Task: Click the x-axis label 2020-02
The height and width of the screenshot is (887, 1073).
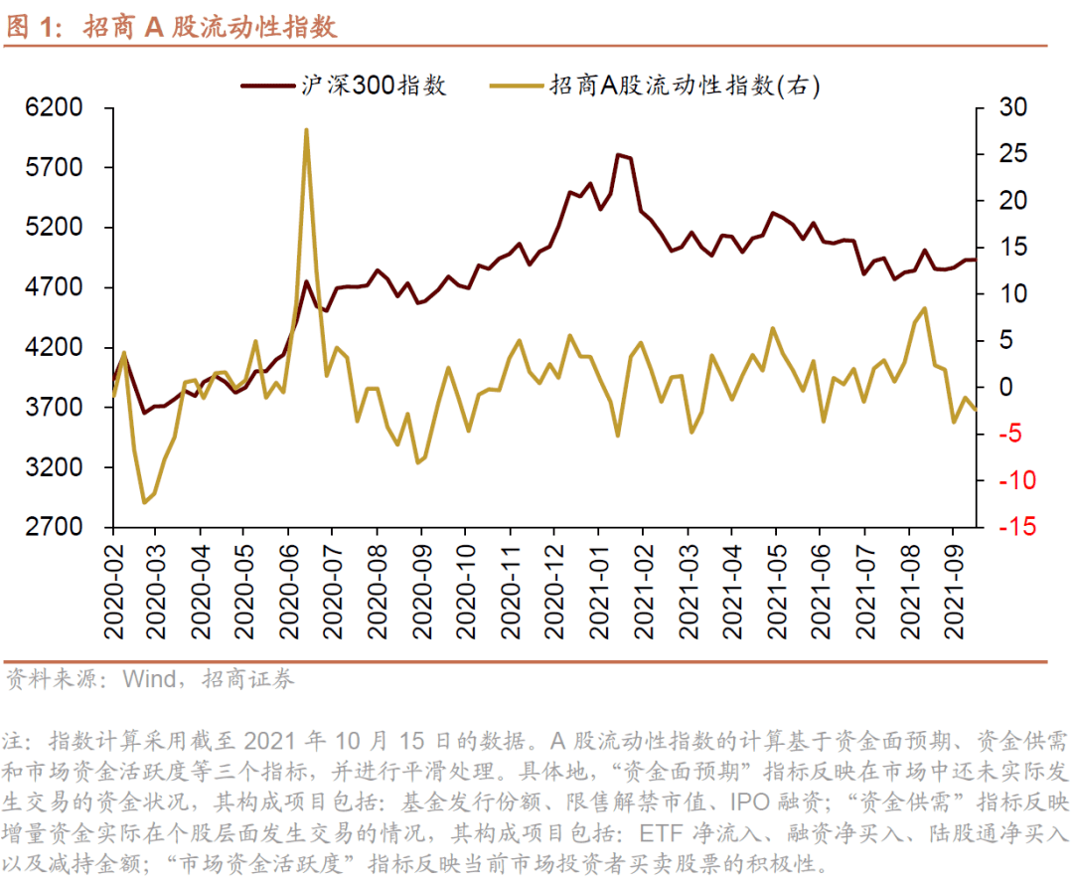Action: click(113, 591)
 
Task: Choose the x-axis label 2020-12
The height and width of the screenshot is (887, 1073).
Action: click(556, 591)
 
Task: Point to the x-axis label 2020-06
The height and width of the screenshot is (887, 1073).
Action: click(290, 591)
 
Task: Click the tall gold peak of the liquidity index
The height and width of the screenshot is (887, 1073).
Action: click(306, 129)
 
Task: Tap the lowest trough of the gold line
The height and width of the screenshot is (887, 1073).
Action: click(144, 502)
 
